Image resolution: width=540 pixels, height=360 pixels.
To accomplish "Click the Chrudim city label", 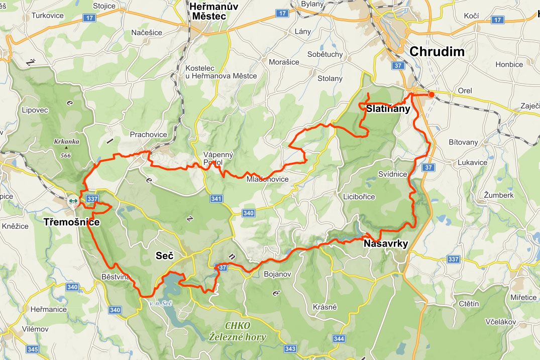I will pyautogui.click(x=437, y=51).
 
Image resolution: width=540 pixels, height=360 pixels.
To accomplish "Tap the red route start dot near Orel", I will pyautogui.click(x=431, y=94).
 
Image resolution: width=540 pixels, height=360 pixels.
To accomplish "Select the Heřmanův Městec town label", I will pyautogui.click(x=213, y=11).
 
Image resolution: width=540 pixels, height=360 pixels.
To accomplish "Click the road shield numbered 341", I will pyautogui.click(x=217, y=199).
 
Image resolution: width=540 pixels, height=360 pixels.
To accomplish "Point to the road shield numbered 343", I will pyautogui.click(x=290, y=348).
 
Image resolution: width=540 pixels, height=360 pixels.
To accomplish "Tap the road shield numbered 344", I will pyautogui.click(x=339, y=339).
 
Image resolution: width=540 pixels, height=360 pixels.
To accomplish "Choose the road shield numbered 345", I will pyautogui.click(x=33, y=349).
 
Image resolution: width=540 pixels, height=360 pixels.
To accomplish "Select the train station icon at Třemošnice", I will pyautogui.click(x=73, y=201).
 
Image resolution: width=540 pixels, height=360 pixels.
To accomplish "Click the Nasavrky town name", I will pyautogui.click(x=385, y=244).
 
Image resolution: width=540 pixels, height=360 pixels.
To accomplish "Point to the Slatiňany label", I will pyautogui.click(x=388, y=109).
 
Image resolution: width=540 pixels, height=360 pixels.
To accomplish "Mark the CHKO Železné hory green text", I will pyautogui.click(x=238, y=331).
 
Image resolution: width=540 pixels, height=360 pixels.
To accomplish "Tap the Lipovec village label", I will pyautogui.click(x=35, y=109).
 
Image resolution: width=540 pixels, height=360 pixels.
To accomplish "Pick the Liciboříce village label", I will pyautogui.click(x=358, y=196).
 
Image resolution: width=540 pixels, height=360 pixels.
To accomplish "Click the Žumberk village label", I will pyautogui.click(x=499, y=195).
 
